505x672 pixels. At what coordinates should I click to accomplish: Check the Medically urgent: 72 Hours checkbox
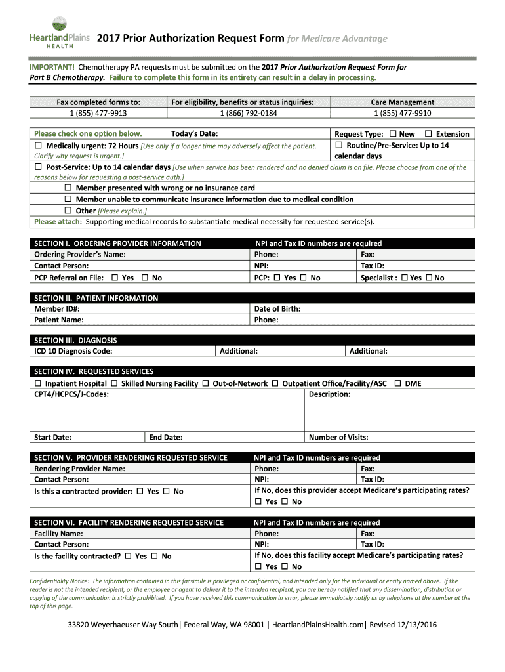pyautogui.click(x=38, y=146)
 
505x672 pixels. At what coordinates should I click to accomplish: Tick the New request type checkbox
pyautogui.click(x=392, y=134)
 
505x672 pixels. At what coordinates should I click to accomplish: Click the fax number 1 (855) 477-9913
pyautogui.click(x=98, y=113)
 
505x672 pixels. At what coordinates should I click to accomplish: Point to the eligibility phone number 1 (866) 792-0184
pyautogui.click(x=248, y=113)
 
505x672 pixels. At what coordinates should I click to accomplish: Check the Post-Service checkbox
pyautogui.click(x=38, y=167)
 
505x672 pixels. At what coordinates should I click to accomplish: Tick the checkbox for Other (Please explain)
pyautogui.click(x=68, y=211)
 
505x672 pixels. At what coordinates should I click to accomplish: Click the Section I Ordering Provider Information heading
pyautogui.click(x=117, y=243)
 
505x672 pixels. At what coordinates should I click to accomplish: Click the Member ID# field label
pyautogui.click(x=57, y=308)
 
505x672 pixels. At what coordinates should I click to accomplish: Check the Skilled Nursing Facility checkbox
pyautogui.click(x=114, y=383)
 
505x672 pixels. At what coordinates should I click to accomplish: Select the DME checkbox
pyautogui.click(x=397, y=383)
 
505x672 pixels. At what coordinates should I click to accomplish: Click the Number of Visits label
pyautogui.click(x=338, y=438)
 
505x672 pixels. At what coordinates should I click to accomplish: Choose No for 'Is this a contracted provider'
pyautogui.click(x=166, y=491)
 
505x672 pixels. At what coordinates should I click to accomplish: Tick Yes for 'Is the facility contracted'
pyautogui.click(x=128, y=556)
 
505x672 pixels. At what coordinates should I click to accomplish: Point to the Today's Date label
pyautogui.click(x=194, y=134)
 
